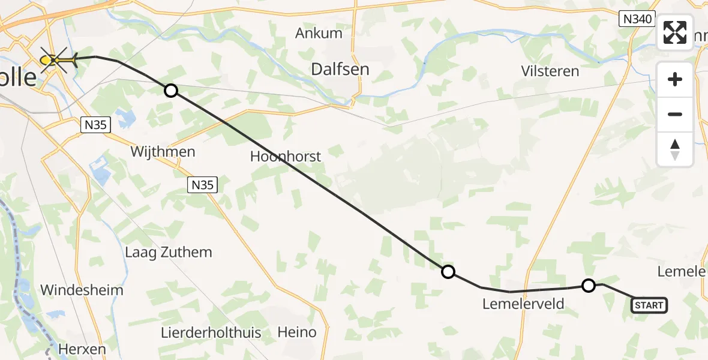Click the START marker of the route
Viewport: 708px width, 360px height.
(x=649, y=305)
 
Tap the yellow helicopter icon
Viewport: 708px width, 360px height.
(x=60, y=60)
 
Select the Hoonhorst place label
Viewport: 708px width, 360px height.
(x=286, y=157)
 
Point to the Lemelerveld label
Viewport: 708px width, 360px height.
(x=523, y=304)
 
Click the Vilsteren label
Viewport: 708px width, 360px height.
(x=550, y=71)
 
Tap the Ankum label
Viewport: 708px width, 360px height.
(x=319, y=33)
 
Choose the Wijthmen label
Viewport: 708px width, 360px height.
(x=163, y=152)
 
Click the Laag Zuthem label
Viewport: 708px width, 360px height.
(x=168, y=252)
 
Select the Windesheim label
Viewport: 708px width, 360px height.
(x=82, y=290)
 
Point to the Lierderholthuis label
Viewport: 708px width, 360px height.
(x=211, y=332)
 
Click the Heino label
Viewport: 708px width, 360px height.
(x=296, y=332)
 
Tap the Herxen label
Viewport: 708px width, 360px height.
(x=82, y=349)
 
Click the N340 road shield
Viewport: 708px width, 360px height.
(x=637, y=19)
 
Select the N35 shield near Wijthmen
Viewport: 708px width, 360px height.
(x=202, y=185)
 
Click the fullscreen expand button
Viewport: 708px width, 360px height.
(x=675, y=32)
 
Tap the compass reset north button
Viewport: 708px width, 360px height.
(x=675, y=149)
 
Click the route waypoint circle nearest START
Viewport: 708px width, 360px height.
(x=589, y=286)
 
